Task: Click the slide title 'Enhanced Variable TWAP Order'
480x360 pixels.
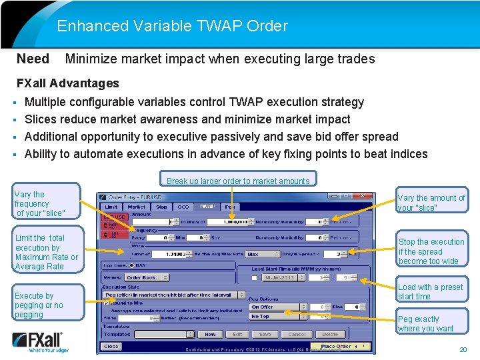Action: pyautogui.click(x=172, y=27)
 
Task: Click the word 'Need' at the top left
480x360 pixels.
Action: pyautogui.click(x=33, y=59)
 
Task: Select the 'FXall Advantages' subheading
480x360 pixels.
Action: pyautogui.click(x=67, y=83)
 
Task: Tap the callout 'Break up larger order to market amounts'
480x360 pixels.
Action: pyautogui.click(x=238, y=181)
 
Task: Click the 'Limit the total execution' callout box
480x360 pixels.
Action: pyautogui.click(x=46, y=252)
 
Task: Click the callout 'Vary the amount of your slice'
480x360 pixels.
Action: pyautogui.click(x=431, y=203)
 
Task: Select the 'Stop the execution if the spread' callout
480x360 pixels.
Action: pyautogui.click(x=431, y=251)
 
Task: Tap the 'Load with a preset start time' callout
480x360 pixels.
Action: pyautogui.click(x=431, y=292)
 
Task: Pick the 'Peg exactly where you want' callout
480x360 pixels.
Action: pyautogui.click(x=431, y=323)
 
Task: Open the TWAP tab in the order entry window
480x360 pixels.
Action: pyautogui.click(x=207, y=207)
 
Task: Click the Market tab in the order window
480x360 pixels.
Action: pyautogui.click(x=137, y=207)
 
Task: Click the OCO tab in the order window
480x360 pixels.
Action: pyautogui.click(x=183, y=207)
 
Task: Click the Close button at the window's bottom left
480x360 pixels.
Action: pyautogui.click(x=111, y=347)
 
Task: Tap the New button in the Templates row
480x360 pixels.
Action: pyautogui.click(x=210, y=334)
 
